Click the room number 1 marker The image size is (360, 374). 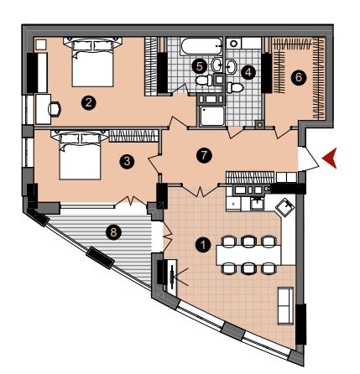(x=203, y=245)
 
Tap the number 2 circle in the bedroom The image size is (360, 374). (x=89, y=103)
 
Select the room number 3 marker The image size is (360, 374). (x=127, y=161)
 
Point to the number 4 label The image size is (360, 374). (x=248, y=73)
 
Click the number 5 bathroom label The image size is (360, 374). (x=200, y=66)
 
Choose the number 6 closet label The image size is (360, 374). (x=299, y=77)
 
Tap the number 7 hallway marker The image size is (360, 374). (x=204, y=155)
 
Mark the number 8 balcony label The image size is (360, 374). (x=113, y=231)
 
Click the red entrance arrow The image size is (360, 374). (x=330, y=158)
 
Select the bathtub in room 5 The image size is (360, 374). (x=201, y=46)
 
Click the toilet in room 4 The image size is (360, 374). (x=235, y=87)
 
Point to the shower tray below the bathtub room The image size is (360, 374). (x=212, y=116)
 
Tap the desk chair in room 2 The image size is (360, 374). (x=55, y=109)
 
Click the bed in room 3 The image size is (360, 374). (x=80, y=156)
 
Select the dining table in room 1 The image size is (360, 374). (x=248, y=255)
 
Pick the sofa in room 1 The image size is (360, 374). (x=285, y=306)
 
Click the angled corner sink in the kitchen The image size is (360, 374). (x=285, y=207)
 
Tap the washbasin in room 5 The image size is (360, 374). (x=217, y=65)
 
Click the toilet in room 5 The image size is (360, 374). (x=204, y=81)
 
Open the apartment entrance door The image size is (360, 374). (x=309, y=158)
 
